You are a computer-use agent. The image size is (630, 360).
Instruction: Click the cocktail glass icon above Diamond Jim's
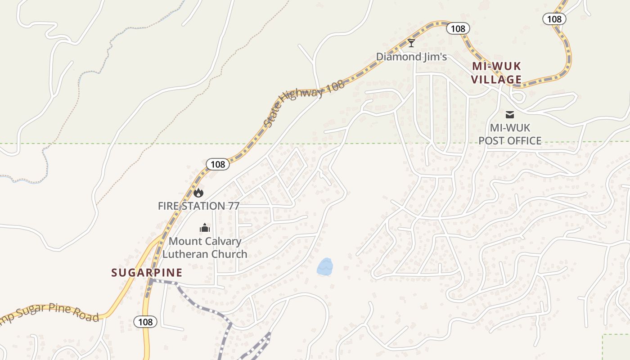tap(411, 43)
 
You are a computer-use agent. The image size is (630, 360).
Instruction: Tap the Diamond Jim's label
tap(411, 57)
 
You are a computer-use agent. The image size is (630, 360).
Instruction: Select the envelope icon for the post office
tap(510, 115)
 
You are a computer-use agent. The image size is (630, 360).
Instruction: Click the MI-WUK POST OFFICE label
tap(510, 134)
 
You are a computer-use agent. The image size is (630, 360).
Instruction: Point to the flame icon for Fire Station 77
tap(198, 193)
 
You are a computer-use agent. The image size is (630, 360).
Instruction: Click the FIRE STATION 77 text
tap(198, 206)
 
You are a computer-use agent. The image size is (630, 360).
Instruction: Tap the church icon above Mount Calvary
tap(205, 228)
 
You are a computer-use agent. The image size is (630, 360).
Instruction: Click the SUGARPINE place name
tap(147, 273)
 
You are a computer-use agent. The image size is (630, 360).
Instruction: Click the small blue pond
tap(325, 267)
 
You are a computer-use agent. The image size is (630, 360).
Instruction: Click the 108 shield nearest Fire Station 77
tap(218, 164)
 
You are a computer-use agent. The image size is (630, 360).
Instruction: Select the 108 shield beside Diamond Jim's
tap(458, 29)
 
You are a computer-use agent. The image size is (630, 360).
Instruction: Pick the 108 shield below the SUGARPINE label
tap(145, 322)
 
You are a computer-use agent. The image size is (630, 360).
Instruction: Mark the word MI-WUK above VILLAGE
tap(496, 67)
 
